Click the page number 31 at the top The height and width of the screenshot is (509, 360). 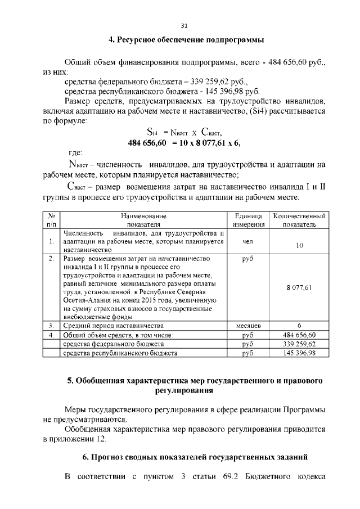pyautogui.click(x=184, y=25)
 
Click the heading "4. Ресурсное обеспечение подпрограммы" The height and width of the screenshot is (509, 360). pyautogui.click(x=186, y=40)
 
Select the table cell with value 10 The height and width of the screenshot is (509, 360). pyautogui.click(x=299, y=245)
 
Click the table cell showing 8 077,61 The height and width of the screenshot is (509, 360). pyautogui.click(x=299, y=287)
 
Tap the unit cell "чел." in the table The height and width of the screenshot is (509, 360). pyautogui.click(x=248, y=241)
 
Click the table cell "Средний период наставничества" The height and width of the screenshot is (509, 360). pyautogui.click(x=113, y=326)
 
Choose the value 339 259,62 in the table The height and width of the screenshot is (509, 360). pyautogui.click(x=299, y=344)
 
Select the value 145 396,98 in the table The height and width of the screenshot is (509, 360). pyautogui.click(x=299, y=353)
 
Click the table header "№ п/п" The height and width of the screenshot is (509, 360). pyautogui.click(x=51, y=220)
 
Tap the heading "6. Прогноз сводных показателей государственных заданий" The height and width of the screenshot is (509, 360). pyautogui.click(x=195, y=456)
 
